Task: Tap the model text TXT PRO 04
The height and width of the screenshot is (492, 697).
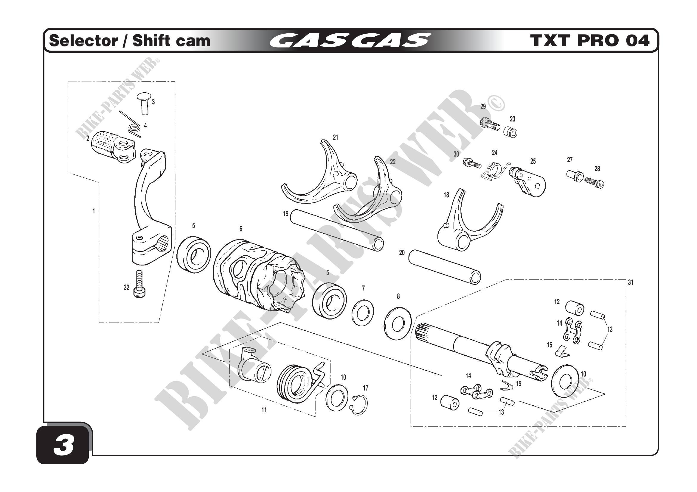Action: pyautogui.click(x=589, y=40)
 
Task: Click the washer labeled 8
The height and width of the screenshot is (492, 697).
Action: pyautogui.click(x=398, y=324)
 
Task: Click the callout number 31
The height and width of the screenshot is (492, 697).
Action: pyautogui.click(x=631, y=282)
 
